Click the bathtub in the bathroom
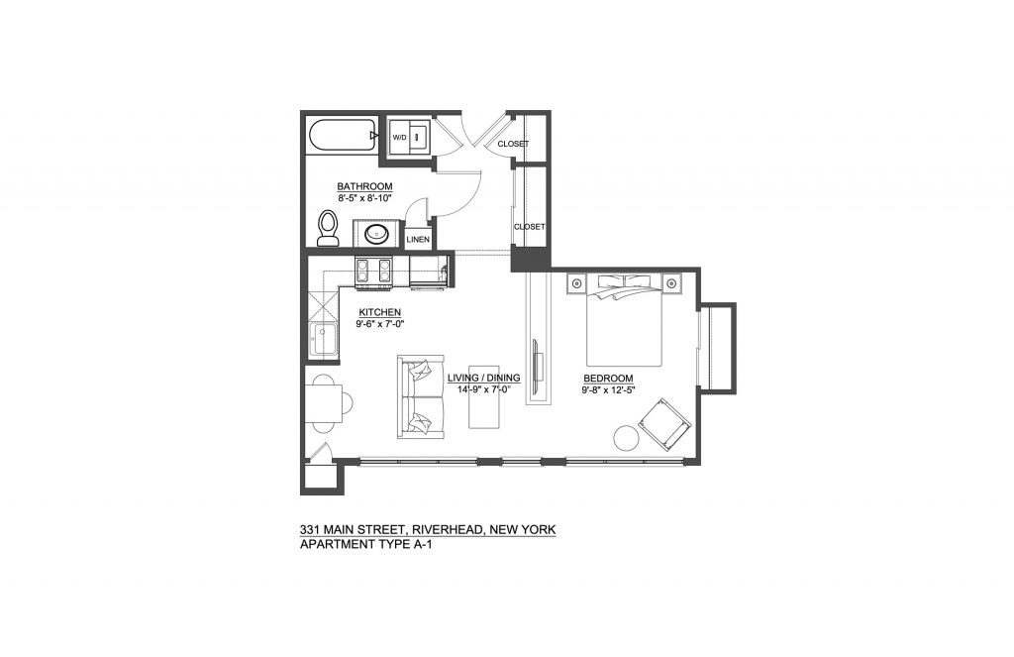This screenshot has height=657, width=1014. tap(344, 136)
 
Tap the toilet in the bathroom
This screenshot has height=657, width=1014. tap(329, 229)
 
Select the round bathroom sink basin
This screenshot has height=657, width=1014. tap(376, 233)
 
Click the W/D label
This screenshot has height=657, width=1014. tap(400, 137)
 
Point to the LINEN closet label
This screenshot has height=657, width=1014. tap(418, 240)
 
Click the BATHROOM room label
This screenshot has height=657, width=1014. tap(364, 186)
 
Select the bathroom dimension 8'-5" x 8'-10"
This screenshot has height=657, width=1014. tap(364, 198)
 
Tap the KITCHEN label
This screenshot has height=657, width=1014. tap(379, 312)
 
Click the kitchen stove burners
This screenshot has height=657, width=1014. tap(373, 271)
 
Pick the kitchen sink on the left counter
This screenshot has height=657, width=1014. tap(323, 339)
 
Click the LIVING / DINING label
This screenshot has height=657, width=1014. tap(483, 378)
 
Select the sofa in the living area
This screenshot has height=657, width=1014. tap(420, 396)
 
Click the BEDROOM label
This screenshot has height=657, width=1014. tap(608, 379)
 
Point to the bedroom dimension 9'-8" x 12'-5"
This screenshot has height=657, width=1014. tap(608, 389)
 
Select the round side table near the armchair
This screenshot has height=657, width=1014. tap(626, 438)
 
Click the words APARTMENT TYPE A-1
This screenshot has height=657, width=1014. tap(366, 544)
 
